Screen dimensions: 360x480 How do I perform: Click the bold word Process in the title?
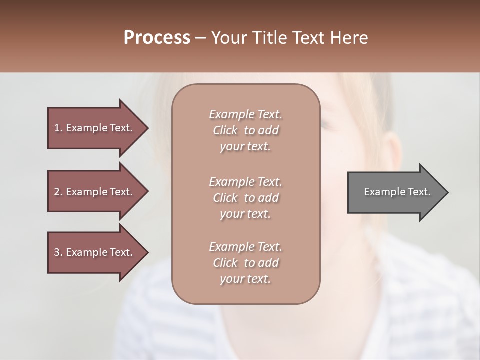tap(157, 38)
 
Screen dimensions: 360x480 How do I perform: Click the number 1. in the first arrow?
tap(58, 128)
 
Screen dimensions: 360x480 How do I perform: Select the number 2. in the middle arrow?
tap(58, 192)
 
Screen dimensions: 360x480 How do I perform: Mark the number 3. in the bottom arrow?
tap(58, 252)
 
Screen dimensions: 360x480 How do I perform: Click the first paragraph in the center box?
tap(245, 130)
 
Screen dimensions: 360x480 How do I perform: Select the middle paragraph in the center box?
tap(245, 198)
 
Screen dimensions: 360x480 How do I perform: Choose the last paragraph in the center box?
tap(245, 263)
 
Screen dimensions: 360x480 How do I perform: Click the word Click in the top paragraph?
tap(225, 130)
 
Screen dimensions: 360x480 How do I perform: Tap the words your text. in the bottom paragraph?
tap(245, 279)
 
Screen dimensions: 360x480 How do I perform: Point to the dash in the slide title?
tap(200, 38)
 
